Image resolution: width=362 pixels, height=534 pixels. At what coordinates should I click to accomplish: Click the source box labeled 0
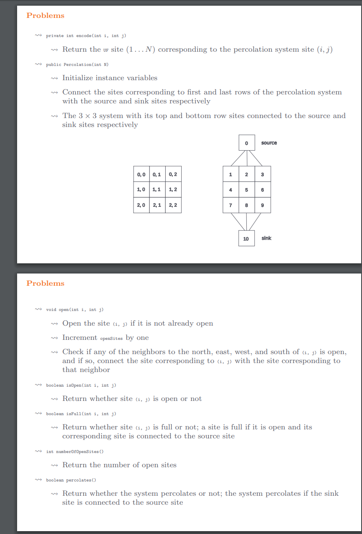tap(247, 143)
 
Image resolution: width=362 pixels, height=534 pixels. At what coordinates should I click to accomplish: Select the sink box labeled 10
tap(246, 239)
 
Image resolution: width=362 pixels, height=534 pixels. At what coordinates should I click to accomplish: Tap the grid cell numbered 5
tap(247, 190)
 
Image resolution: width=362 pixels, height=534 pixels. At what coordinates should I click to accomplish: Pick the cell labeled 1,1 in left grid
tap(157, 190)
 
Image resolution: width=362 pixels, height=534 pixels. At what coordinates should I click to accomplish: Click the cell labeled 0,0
tap(141, 175)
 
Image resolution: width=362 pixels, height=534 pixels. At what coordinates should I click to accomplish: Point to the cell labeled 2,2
tap(173, 205)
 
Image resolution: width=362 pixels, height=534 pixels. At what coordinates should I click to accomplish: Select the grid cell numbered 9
tap(262, 205)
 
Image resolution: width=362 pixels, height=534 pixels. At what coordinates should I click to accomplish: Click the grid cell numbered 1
tap(231, 175)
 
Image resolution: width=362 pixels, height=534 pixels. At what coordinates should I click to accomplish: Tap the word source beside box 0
tap(269, 143)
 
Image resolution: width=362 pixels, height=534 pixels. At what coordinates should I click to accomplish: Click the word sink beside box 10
tap(266, 238)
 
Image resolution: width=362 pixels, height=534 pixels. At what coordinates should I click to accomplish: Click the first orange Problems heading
tap(45, 15)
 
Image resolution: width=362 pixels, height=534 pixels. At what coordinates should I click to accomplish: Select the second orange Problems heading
tap(45, 283)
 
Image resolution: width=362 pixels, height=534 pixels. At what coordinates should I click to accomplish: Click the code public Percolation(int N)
tap(77, 64)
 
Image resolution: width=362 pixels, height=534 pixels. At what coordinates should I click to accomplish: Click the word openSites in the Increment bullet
tap(112, 338)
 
